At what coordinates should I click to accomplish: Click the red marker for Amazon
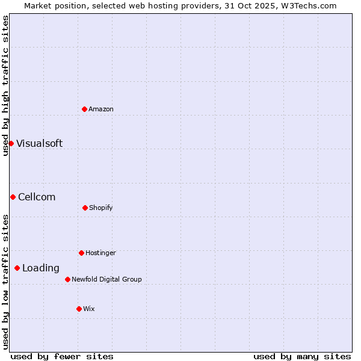(84, 109)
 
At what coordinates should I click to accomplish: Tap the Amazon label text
(101, 110)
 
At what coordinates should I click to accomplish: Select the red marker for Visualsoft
(11, 143)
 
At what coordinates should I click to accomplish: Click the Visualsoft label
(39, 144)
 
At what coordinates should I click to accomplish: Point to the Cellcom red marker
(13, 197)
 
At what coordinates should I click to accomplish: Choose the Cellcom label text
(37, 197)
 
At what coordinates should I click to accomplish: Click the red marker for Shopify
(85, 208)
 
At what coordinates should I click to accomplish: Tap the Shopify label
(101, 208)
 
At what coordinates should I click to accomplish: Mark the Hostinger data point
(81, 253)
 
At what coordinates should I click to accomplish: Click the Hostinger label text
(100, 253)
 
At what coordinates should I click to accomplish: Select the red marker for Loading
(17, 268)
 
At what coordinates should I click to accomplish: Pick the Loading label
(41, 268)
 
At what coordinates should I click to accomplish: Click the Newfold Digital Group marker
(67, 279)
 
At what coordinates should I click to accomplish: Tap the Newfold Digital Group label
(106, 280)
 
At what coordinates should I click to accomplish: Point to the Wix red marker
(79, 309)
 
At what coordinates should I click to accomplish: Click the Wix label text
(89, 309)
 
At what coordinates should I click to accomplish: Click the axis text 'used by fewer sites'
(62, 357)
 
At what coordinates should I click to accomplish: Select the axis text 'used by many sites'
(302, 357)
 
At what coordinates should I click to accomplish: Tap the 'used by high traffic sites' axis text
(5, 85)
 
